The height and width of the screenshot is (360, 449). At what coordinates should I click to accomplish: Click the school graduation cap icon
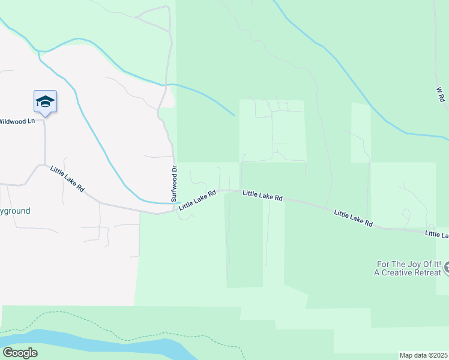tap(45, 101)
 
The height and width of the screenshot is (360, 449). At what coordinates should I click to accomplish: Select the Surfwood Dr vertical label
tap(174, 184)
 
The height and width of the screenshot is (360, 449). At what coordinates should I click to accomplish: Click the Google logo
tap(20, 352)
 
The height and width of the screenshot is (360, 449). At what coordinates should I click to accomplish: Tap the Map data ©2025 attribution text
tap(423, 355)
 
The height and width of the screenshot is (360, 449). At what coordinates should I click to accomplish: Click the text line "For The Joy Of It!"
tap(409, 263)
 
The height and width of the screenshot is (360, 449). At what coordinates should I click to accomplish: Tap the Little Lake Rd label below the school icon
tap(67, 179)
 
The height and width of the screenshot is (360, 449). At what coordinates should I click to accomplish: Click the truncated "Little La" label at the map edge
tap(436, 233)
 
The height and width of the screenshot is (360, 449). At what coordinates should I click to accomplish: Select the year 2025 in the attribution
tap(439, 355)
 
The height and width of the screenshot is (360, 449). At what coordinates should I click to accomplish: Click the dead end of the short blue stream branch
tap(234, 115)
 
